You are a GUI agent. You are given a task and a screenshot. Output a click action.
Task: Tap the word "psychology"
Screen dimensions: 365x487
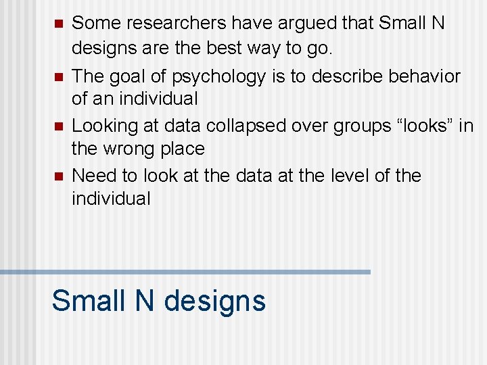click(218, 77)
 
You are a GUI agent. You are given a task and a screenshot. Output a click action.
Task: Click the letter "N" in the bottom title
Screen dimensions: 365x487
click(145, 300)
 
